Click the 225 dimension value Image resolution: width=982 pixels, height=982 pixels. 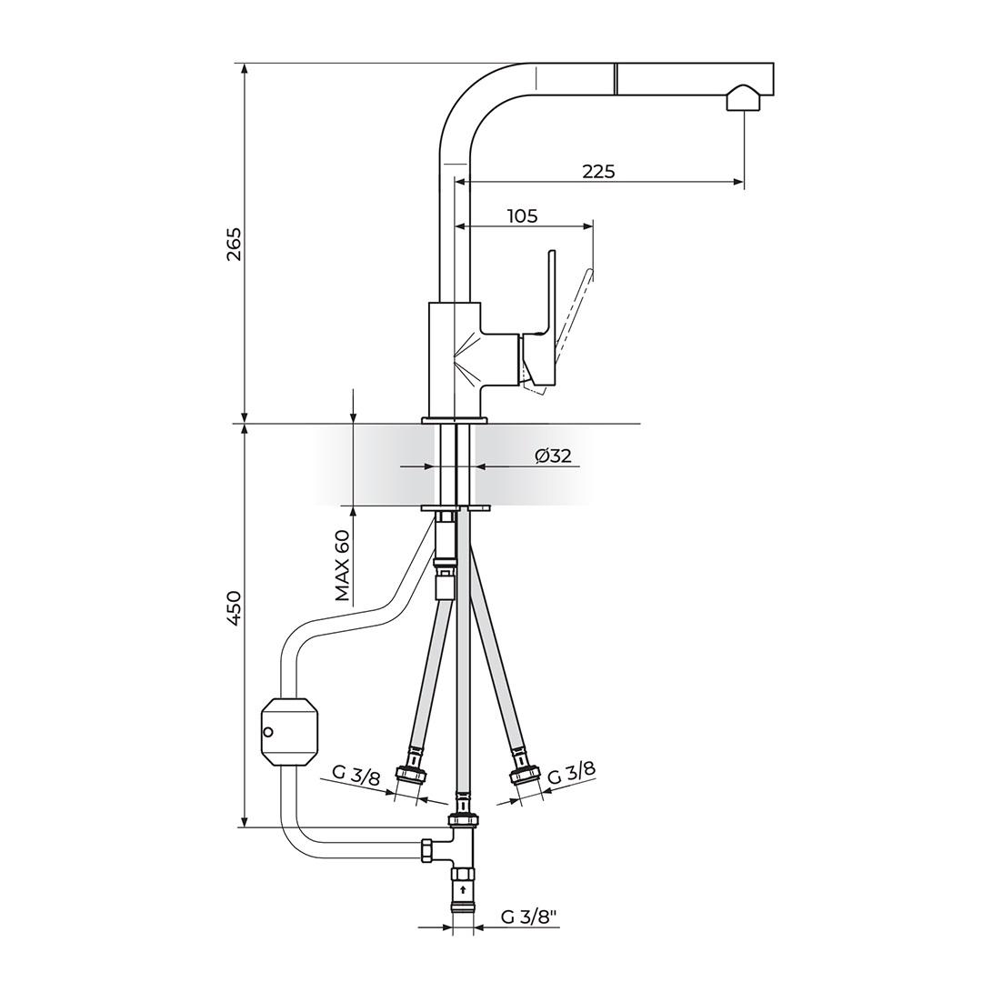[598, 171]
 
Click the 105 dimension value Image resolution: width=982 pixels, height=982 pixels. [522, 216]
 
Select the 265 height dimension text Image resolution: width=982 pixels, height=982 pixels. [234, 245]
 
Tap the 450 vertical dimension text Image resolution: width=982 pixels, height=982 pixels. [234, 608]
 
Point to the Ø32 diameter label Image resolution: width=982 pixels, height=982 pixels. [554, 456]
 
